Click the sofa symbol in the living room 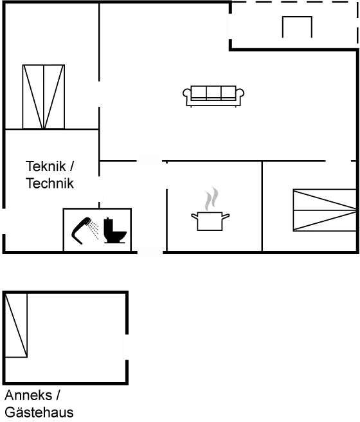point(213,96)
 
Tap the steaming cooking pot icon point(210,209)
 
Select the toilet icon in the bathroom point(115,231)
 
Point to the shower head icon point(82,230)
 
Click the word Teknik point(46,166)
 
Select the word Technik point(50,183)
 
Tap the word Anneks point(28,396)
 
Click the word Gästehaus point(39,412)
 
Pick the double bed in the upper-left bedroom point(44,97)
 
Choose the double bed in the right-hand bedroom point(325,210)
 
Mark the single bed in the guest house point(16,326)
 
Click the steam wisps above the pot point(212,199)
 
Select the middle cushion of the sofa point(213,93)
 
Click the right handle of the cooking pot point(226,216)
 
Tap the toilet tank point(108,225)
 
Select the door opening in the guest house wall point(126,347)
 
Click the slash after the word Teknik point(71,166)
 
